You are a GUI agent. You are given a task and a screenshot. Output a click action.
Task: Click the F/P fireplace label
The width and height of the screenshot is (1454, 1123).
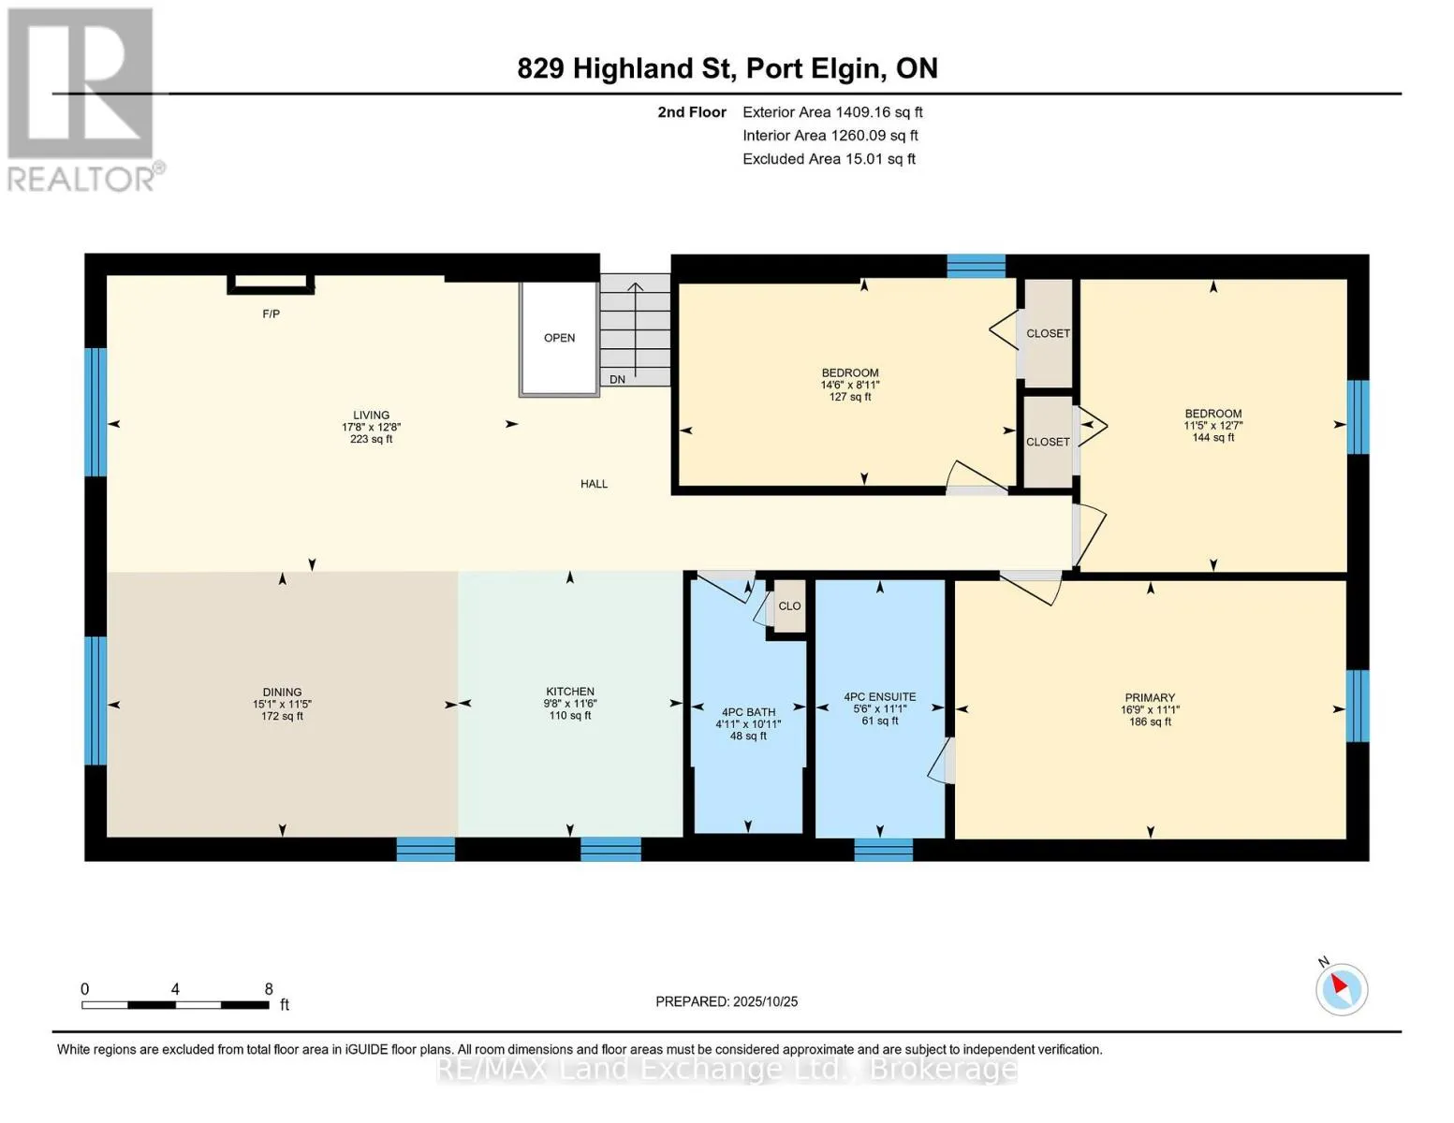271,314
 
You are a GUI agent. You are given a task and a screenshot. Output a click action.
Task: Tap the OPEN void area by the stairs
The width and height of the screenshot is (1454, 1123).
559,339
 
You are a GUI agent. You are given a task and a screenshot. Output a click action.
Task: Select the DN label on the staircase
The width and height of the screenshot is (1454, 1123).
617,379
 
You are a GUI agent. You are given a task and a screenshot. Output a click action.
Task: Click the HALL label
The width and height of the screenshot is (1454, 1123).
594,484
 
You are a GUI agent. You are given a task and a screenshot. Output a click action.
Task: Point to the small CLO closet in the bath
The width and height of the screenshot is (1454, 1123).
789,606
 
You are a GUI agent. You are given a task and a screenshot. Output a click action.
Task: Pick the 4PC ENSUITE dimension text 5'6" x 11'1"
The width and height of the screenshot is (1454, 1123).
879,708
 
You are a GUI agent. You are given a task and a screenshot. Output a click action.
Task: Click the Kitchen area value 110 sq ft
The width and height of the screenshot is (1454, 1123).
569,715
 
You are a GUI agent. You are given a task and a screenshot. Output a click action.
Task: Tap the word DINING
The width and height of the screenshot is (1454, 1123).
282,692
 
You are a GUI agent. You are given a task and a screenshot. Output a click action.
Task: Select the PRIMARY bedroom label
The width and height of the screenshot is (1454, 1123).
1150,697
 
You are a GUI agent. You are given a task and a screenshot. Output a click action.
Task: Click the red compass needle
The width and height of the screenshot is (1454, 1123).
1339,984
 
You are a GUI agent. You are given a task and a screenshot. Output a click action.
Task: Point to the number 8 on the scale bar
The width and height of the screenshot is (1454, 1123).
269,989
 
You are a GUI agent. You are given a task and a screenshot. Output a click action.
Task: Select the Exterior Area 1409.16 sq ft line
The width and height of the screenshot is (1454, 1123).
832,112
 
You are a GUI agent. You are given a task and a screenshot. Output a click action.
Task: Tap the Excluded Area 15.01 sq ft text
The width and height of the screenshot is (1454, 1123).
829,159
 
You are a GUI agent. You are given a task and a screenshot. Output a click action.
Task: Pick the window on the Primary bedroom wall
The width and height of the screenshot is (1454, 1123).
1357,706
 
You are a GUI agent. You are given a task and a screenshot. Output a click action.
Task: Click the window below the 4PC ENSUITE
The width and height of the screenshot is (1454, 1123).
883,850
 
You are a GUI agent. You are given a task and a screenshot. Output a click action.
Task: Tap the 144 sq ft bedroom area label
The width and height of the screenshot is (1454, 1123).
1212,437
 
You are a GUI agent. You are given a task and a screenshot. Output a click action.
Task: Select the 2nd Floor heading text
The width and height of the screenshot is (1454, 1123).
691,112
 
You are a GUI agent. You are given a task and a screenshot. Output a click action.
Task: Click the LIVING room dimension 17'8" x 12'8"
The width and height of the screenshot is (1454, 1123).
371,427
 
